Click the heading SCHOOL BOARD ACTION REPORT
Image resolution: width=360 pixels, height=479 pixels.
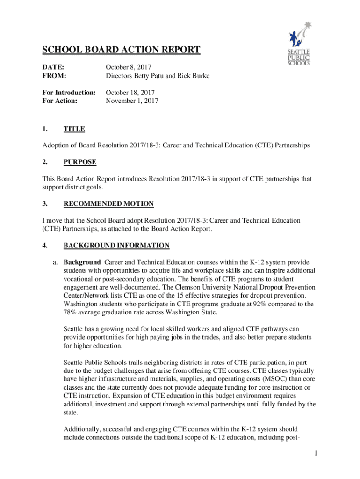tap(122, 50)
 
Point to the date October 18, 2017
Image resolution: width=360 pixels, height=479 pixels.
tap(130, 93)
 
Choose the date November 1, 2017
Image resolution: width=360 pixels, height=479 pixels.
tap(132, 101)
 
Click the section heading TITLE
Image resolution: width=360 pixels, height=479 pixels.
tap(74, 129)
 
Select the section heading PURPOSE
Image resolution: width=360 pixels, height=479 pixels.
tap(80, 162)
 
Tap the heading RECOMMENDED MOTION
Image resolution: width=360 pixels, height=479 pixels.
tap(108, 204)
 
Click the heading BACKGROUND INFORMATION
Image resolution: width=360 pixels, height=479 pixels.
tap(116, 246)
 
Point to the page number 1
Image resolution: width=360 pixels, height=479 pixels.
tap(316, 453)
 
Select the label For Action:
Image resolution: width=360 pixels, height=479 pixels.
tap(60, 101)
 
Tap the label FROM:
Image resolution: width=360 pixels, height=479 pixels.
tap(54, 75)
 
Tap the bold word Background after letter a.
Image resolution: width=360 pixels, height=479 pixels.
tap(82, 262)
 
